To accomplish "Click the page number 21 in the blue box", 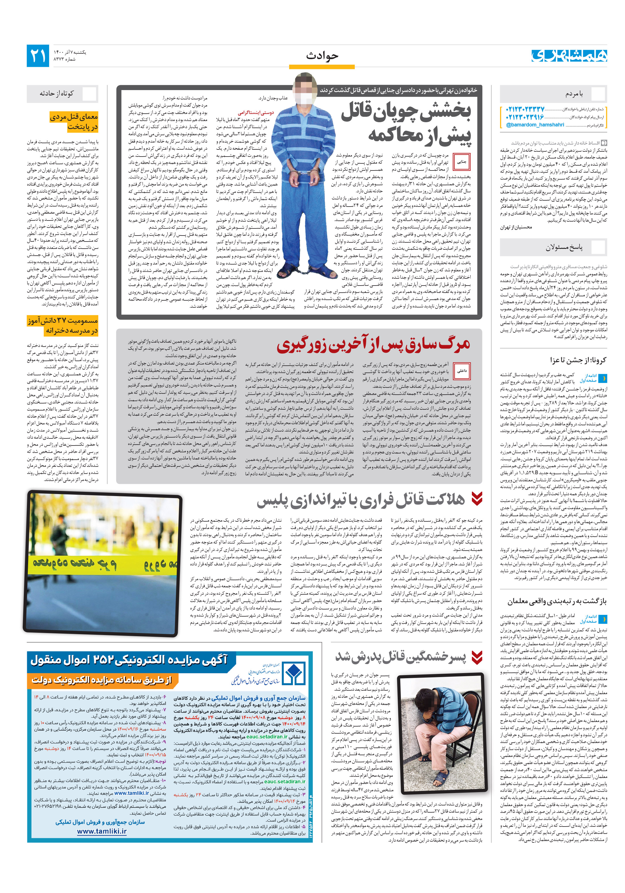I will [x=38, y=56].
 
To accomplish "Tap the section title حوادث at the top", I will [x=322, y=56].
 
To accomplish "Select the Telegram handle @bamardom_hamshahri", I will [x=535, y=125].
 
